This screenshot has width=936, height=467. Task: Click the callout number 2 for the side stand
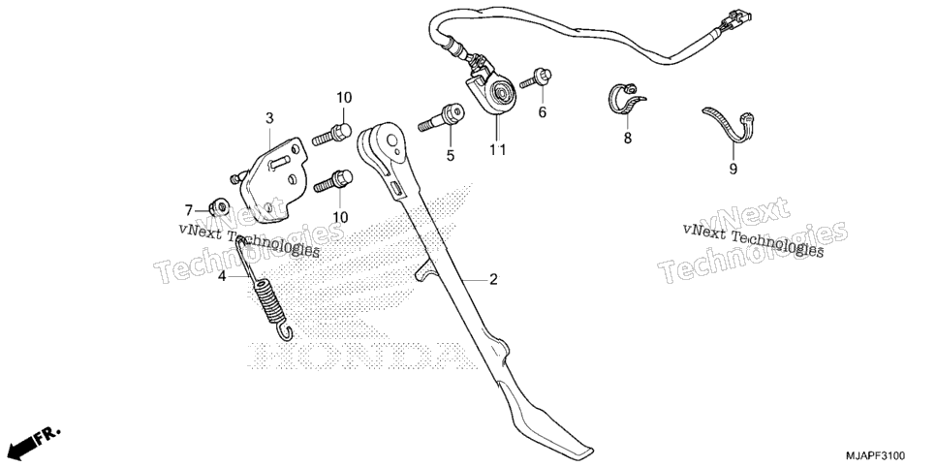(x=493, y=279)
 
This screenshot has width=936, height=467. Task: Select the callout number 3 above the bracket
(x=269, y=118)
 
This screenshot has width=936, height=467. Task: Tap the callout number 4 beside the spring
(x=222, y=276)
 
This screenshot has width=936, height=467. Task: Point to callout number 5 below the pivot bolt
(x=451, y=155)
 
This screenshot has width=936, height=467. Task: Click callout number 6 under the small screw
(x=542, y=111)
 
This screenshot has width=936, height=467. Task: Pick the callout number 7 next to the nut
(x=189, y=210)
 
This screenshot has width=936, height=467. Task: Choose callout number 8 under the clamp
(x=627, y=138)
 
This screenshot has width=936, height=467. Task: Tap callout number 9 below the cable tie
(x=733, y=169)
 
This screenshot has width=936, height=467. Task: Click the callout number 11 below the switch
(x=498, y=150)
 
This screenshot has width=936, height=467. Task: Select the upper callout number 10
(x=344, y=97)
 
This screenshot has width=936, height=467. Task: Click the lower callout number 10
(x=340, y=217)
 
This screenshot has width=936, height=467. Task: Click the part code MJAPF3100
(x=878, y=455)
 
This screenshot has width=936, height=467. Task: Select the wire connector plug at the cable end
(x=735, y=20)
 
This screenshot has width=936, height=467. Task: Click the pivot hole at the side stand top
(x=391, y=140)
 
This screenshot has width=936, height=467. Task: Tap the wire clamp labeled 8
(x=624, y=98)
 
